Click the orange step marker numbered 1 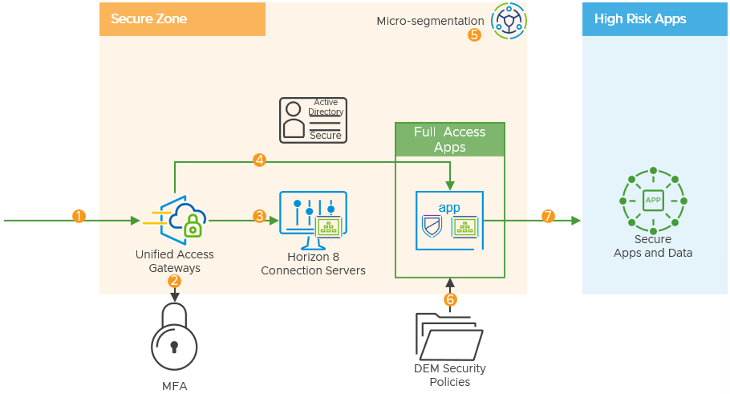tap(79, 216)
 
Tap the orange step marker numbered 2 tap(175, 281)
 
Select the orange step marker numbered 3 tap(259, 216)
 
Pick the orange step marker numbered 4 tap(259, 160)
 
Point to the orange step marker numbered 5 tap(474, 35)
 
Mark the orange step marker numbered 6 tap(450, 299)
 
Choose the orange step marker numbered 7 tap(549, 216)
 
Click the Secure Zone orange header tap(182, 19)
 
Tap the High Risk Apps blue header tap(655, 19)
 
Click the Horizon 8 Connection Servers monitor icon tap(313, 218)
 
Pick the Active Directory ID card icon tap(311, 120)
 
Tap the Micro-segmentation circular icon tap(508, 22)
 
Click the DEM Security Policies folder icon tap(450, 337)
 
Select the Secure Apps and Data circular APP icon tap(653, 200)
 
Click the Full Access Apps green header tap(450, 140)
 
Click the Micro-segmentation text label tap(430, 21)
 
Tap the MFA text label tap(174, 386)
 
